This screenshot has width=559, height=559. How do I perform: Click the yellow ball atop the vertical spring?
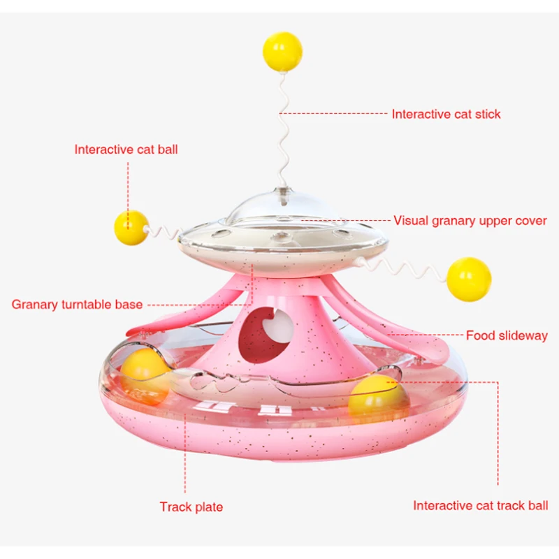282,50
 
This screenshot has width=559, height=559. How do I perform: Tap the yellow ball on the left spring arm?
131,227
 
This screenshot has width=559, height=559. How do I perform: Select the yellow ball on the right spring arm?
469,279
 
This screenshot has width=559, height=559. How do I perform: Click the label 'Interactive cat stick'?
446,114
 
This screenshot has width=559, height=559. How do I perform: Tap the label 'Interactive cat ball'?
126,149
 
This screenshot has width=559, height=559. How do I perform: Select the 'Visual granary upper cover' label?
470,221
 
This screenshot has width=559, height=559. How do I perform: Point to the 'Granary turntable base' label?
77,305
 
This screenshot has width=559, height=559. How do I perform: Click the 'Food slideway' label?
507,336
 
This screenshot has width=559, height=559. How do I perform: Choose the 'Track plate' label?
191,507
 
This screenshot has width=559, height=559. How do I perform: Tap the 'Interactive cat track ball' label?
480,505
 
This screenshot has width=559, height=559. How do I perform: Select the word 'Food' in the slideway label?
481,336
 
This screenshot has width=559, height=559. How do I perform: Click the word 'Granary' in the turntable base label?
34,305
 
